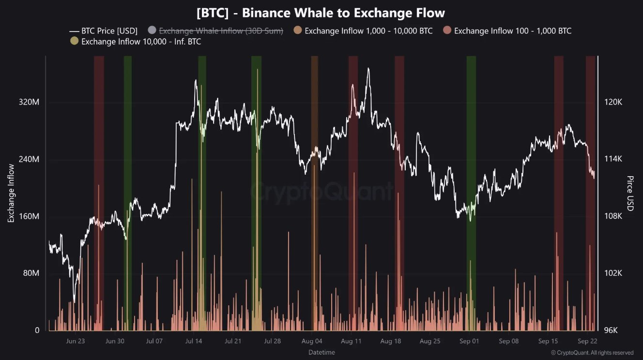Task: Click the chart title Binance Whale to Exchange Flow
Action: (321, 13)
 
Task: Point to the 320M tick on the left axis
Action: (29, 103)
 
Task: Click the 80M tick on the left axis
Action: (31, 273)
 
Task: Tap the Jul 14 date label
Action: (193, 341)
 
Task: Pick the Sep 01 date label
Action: (469, 341)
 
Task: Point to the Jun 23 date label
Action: (75, 341)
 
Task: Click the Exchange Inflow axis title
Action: (11, 194)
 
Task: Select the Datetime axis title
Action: (321, 352)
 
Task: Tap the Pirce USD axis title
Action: (630, 194)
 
